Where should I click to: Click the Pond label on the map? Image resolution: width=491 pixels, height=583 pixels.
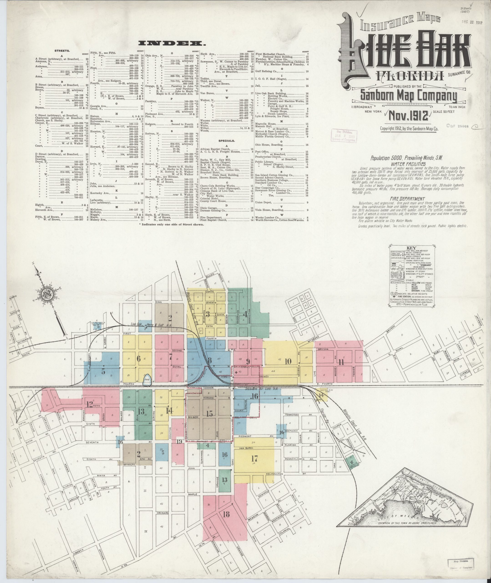(x=147, y=379)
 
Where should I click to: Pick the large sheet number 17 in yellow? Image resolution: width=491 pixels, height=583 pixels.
(x=254, y=458)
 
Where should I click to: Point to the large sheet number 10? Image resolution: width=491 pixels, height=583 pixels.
(x=288, y=362)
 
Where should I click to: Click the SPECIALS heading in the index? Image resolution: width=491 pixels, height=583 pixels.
(x=227, y=141)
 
